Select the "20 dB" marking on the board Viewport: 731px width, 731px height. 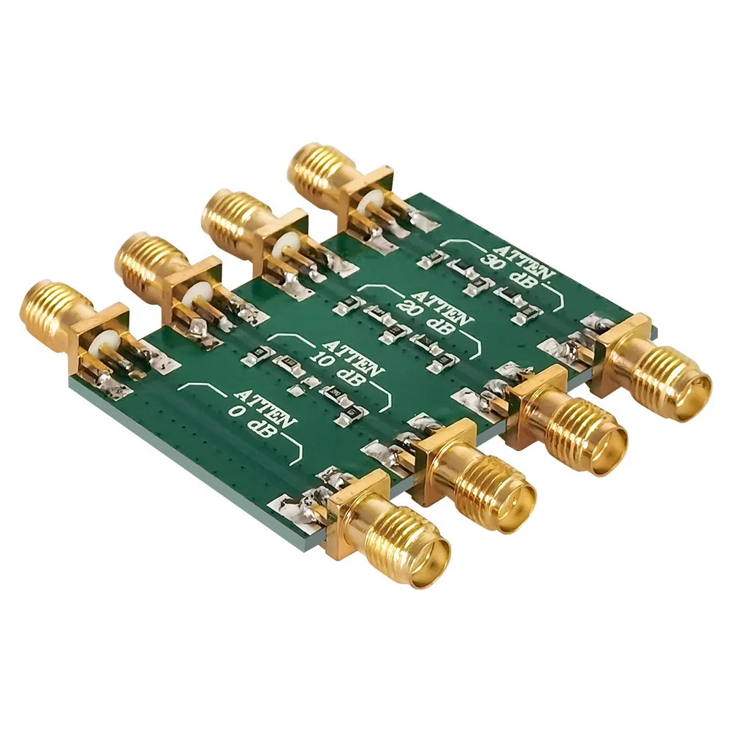[x=425, y=318]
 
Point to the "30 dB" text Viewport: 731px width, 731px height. [x=509, y=270]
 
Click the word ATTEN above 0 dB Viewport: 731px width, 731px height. [x=266, y=406]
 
